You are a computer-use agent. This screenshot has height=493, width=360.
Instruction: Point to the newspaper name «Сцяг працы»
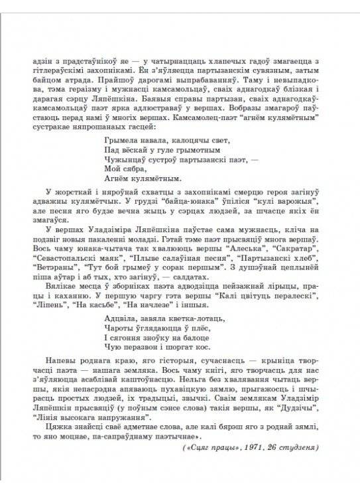[218, 449]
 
